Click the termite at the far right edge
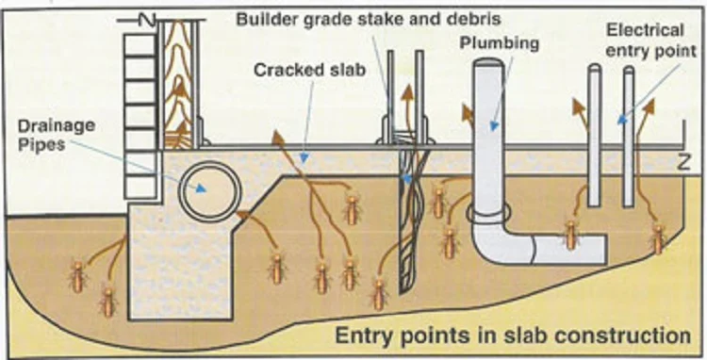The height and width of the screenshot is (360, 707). coord(658,237)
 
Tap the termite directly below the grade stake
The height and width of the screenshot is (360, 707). coord(380,293)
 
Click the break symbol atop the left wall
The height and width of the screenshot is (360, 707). coord(144,18)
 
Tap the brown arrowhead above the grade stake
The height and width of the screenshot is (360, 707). coord(407,92)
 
